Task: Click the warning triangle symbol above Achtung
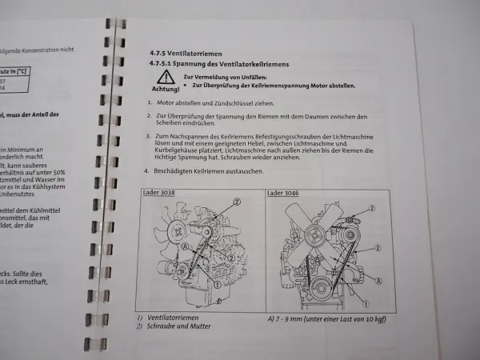pyautogui.click(x=165, y=78)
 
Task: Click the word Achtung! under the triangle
pyautogui.click(x=164, y=90)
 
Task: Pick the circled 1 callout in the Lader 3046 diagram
pyautogui.click(x=365, y=304)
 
